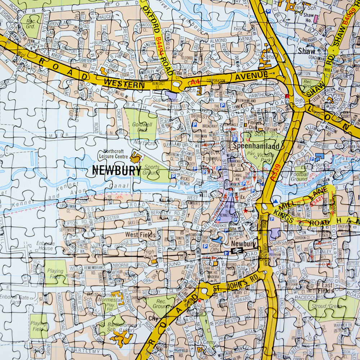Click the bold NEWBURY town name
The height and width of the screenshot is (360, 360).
point(117,170)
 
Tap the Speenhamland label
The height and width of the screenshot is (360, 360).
point(256,147)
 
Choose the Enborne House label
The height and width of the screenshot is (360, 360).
point(45,246)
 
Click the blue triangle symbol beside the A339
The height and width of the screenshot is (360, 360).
point(275,201)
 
